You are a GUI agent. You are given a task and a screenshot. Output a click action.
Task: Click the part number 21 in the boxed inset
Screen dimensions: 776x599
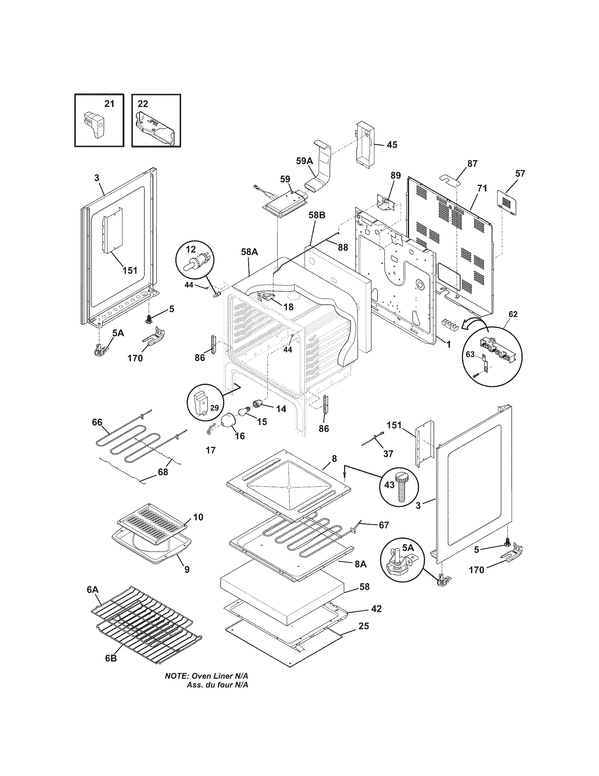tap(109, 104)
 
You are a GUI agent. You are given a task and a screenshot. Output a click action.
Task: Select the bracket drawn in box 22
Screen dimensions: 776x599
tap(155, 128)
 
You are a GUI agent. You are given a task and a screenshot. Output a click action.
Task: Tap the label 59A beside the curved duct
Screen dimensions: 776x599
tap(304, 161)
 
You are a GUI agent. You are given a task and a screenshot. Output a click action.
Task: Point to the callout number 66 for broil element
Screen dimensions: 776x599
tap(97, 422)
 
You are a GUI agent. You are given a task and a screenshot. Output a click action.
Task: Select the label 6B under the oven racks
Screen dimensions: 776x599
tap(111, 658)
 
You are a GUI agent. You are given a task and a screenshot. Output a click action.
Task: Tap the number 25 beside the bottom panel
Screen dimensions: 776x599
tap(363, 626)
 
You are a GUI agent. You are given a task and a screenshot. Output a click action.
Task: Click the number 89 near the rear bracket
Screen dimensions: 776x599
tap(396, 175)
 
